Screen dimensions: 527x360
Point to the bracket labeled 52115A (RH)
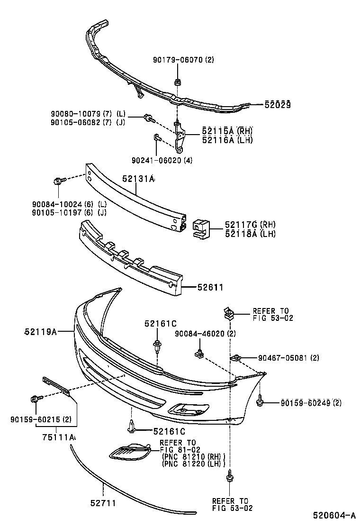pyautogui.click(x=180, y=133)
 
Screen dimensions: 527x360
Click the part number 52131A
pyautogui.click(x=138, y=179)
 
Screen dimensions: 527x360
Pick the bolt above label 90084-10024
pyautogui.click(x=59, y=181)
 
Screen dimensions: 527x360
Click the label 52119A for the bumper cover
pyautogui.click(x=41, y=332)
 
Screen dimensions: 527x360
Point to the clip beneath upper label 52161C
pyautogui.click(x=156, y=346)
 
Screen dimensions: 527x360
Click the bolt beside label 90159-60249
pyautogui.click(x=260, y=402)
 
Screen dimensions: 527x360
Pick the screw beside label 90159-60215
pyautogui.click(x=35, y=399)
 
